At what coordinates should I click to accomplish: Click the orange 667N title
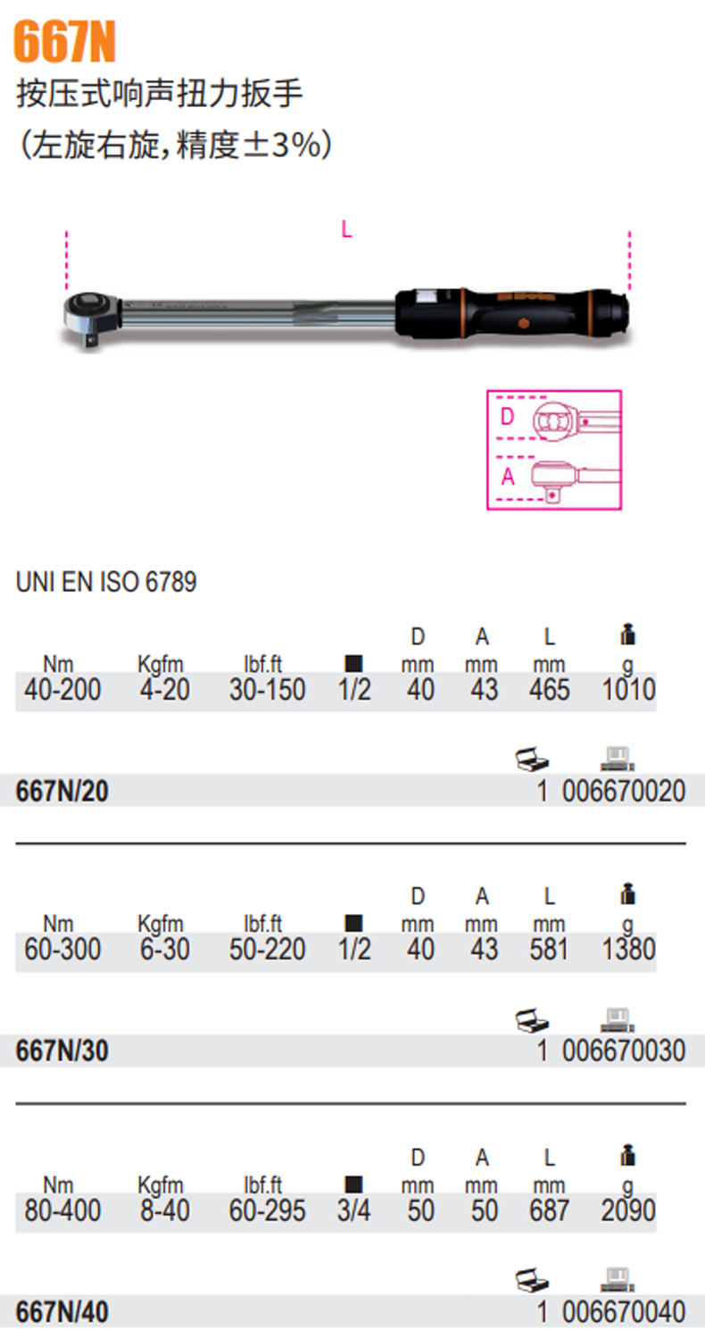[x=64, y=42]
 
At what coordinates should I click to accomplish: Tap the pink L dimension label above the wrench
[x=346, y=229]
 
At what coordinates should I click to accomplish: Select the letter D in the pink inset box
[x=507, y=417]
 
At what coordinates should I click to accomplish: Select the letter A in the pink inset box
[x=508, y=477]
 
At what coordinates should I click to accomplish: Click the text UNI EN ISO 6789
[x=106, y=582]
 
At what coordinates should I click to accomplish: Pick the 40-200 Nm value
[x=62, y=689]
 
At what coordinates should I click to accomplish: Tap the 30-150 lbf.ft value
[x=267, y=689]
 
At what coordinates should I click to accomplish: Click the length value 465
[x=550, y=689]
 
